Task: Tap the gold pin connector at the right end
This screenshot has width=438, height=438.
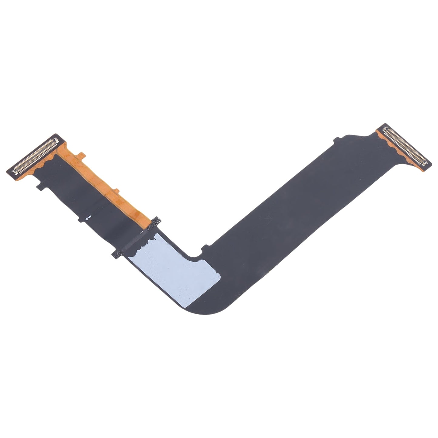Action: [405, 145]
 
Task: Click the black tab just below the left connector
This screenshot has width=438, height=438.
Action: [39, 187]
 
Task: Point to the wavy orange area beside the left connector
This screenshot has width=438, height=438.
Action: [48, 164]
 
